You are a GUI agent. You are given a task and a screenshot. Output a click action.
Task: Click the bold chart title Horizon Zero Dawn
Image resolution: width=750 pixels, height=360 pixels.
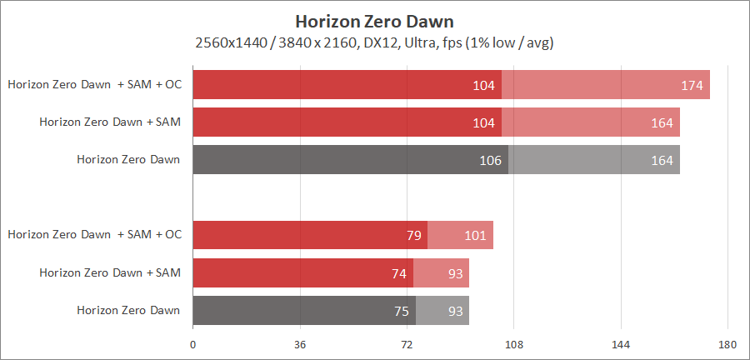(374, 20)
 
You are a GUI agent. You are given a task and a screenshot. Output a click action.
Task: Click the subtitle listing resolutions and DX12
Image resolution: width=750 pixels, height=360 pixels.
(374, 42)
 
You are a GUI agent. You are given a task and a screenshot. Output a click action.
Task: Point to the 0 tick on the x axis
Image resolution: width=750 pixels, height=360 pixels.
(193, 343)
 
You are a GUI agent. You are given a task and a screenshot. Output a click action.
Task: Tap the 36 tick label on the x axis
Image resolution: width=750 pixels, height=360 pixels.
(300, 343)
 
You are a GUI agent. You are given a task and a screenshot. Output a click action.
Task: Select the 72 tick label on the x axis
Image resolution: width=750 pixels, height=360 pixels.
(407, 343)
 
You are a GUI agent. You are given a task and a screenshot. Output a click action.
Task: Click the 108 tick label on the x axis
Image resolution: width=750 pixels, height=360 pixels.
(513, 343)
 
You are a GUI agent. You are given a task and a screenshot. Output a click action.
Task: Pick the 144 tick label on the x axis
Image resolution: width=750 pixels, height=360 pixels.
(621, 343)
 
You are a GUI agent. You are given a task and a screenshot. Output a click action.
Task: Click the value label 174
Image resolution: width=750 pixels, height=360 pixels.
(692, 85)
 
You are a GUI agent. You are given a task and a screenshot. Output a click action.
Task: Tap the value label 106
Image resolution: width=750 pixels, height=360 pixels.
(490, 160)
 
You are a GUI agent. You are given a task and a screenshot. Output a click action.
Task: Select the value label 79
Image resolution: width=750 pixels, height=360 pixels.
(414, 235)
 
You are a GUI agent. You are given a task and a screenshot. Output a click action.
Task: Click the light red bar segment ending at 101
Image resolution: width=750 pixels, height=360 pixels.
(460, 235)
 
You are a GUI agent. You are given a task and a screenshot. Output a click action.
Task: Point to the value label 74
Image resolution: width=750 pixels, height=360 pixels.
(398, 272)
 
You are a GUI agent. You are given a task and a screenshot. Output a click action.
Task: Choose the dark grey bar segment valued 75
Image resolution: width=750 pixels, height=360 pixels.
(303, 310)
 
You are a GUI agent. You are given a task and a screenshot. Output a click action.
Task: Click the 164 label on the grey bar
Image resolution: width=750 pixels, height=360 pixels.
(662, 160)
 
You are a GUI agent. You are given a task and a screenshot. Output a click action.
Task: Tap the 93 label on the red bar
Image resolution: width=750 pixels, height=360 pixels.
(455, 272)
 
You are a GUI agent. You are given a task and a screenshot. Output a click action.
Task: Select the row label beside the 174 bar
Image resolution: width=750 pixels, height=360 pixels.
(94, 84)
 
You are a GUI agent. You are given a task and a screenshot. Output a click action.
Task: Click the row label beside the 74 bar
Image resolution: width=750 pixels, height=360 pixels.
(110, 272)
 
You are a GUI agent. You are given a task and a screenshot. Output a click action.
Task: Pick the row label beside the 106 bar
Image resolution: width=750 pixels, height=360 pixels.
(128, 159)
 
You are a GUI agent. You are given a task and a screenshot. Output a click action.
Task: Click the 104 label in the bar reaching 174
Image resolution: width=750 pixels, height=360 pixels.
(483, 85)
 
